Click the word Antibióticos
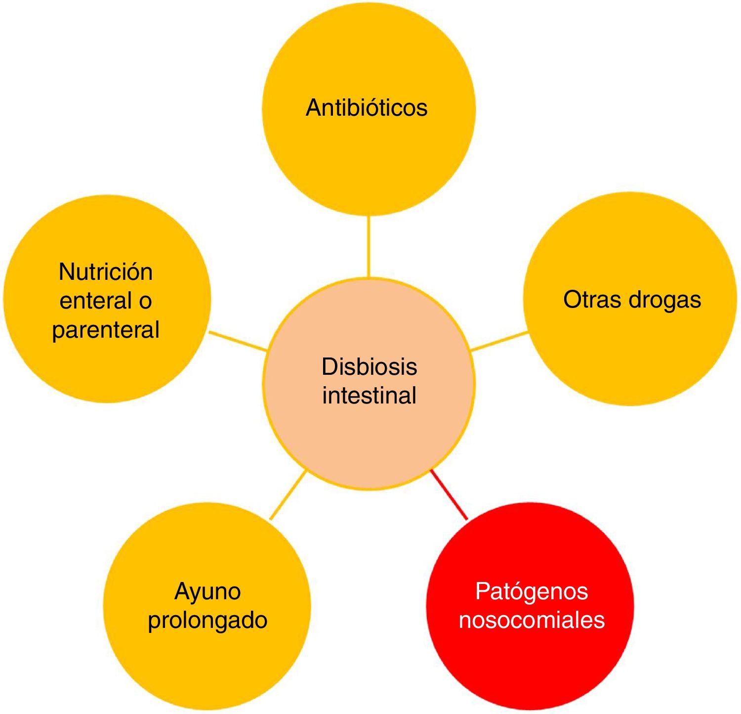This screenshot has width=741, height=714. (x=367, y=108)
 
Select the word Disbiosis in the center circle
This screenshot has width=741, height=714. (x=369, y=367)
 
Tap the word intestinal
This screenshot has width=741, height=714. (x=369, y=396)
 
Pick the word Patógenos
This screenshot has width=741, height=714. (x=532, y=591)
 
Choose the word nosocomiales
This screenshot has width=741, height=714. (x=532, y=620)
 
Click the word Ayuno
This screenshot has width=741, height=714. (x=207, y=592)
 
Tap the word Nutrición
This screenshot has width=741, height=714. (x=106, y=272)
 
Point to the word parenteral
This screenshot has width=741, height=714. (x=106, y=330)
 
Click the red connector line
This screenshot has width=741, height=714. (x=449, y=494)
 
